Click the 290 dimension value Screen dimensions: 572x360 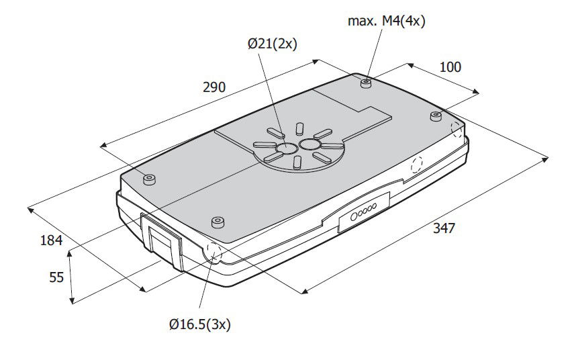(214, 87)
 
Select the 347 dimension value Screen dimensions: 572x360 (444, 228)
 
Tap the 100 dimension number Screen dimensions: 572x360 (450, 67)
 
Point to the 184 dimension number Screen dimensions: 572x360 (52, 240)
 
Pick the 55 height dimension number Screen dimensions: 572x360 (56, 277)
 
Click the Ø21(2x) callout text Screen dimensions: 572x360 (273, 44)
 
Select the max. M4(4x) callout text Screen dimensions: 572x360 (386, 21)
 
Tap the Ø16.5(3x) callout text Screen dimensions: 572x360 (200, 324)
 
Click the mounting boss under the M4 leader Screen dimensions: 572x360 (367, 83)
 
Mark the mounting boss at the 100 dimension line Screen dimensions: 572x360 (436, 116)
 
